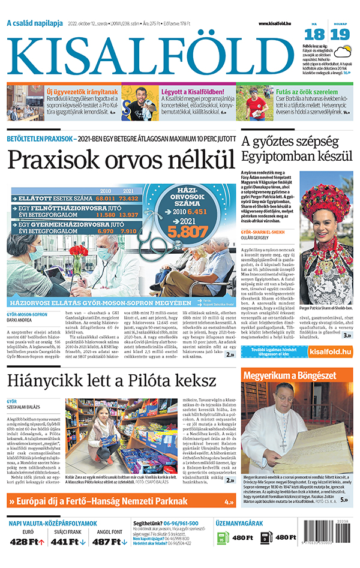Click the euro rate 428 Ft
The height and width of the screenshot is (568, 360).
pos(27,542)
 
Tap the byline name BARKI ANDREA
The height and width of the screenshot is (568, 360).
pos(20,320)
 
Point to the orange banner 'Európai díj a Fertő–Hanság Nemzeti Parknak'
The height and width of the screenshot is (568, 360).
pos(117,501)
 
